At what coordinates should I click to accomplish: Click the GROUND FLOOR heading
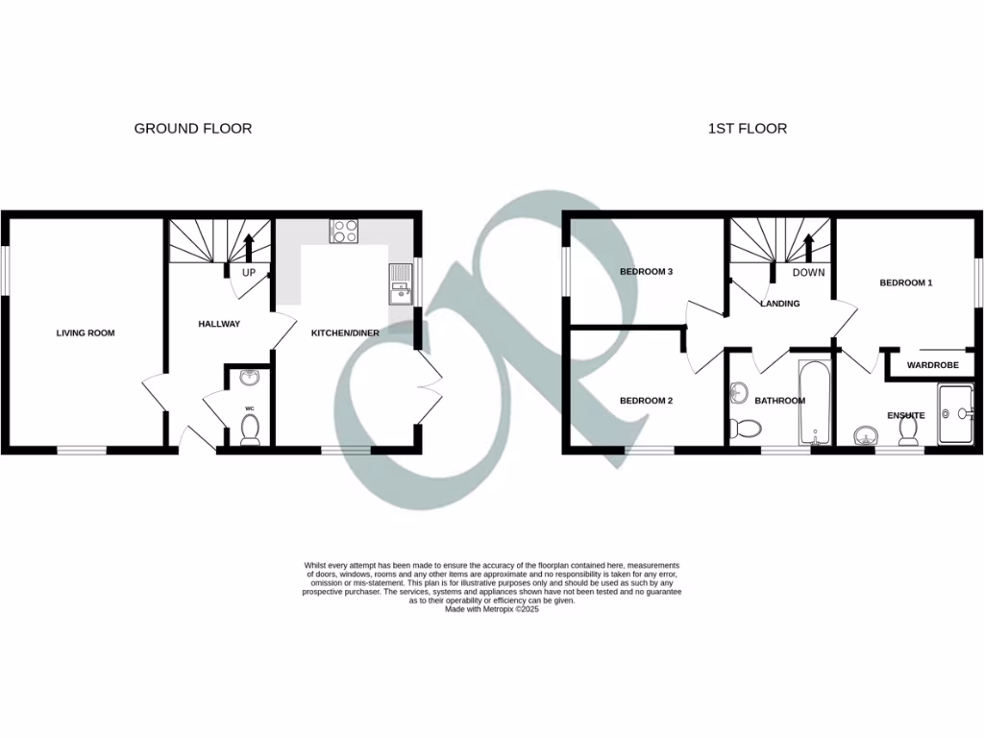192,128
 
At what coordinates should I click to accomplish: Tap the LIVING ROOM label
86,333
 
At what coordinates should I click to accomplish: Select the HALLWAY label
220,324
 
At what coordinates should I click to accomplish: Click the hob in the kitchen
344,231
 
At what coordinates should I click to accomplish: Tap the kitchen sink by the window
399,285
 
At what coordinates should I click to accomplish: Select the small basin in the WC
250,378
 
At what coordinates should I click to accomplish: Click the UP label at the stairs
248,273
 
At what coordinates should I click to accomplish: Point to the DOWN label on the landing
809,272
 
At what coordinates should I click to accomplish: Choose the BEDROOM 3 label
646,272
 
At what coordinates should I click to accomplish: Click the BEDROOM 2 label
646,401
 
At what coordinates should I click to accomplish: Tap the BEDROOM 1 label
906,283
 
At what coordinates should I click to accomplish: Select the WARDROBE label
933,365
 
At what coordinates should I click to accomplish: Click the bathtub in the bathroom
813,404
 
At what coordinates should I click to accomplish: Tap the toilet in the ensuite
906,434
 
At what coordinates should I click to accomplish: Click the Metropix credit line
491,609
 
